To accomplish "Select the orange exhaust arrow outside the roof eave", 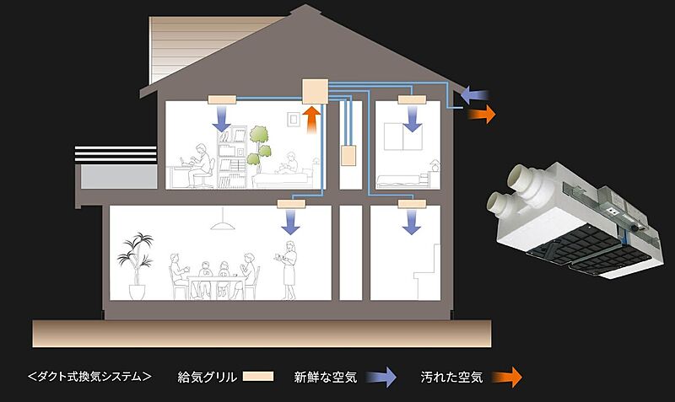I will click(482, 115).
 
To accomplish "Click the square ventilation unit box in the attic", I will click(314, 90).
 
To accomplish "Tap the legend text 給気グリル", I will click(208, 377).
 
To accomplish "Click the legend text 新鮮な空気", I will click(325, 377).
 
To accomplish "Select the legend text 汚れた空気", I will click(451, 377).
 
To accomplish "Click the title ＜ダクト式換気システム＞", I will click(89, 377).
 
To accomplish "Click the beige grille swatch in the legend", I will click(258, 377).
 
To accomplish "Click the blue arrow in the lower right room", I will click(412, 221).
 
